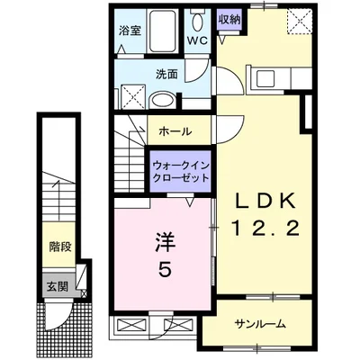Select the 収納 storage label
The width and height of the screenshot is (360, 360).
coord(229,17)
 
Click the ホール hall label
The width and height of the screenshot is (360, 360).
coord(175,131)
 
